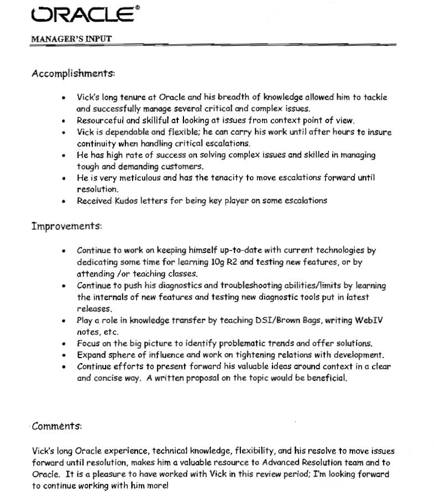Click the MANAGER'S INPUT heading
[x=71, y=39]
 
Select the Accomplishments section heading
[x=73, y=74]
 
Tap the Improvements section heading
[x=66, y=227]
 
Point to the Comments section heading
[x=57, y=426]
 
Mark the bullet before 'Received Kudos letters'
[x=65, y=201]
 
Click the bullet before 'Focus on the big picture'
[x=65, y=344]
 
